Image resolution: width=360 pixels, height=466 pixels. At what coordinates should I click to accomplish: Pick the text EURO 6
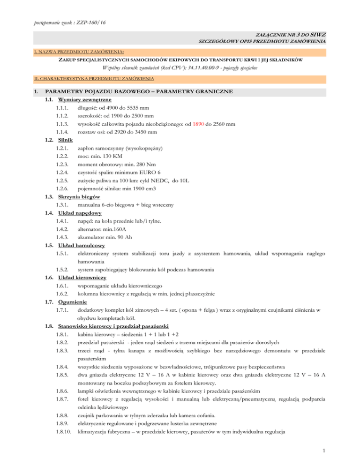149,172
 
